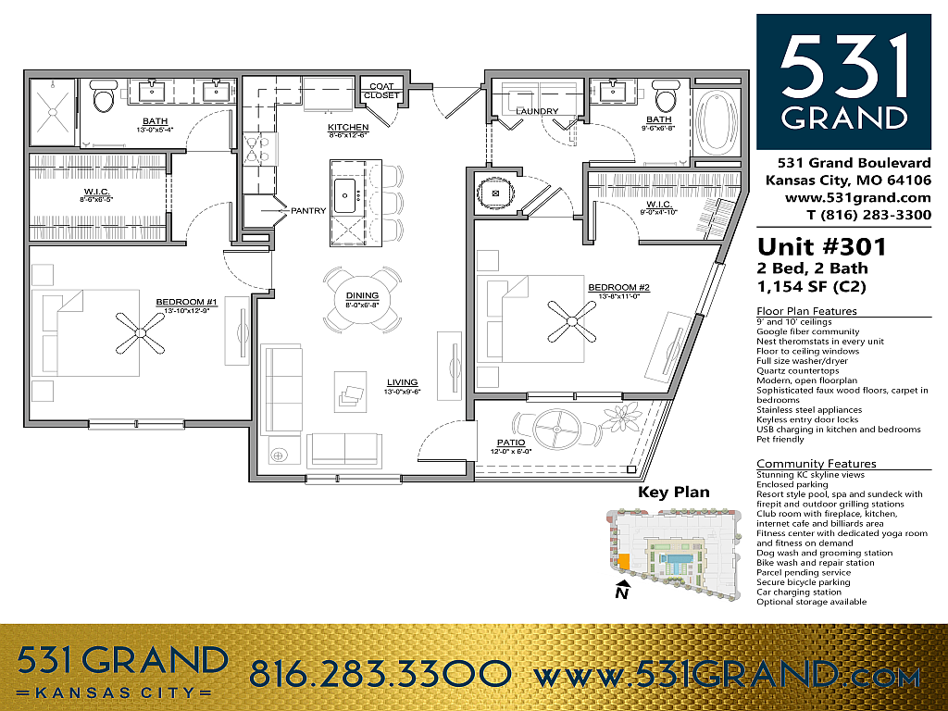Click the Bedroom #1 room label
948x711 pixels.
186,303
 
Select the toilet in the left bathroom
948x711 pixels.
103,98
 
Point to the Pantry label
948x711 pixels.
307,210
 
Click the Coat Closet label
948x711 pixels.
381,91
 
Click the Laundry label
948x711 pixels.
538,111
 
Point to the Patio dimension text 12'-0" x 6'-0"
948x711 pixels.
511,452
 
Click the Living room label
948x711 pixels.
403,381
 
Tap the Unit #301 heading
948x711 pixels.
822,247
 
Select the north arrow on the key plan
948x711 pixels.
623,589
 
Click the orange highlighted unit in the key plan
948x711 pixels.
624,561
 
